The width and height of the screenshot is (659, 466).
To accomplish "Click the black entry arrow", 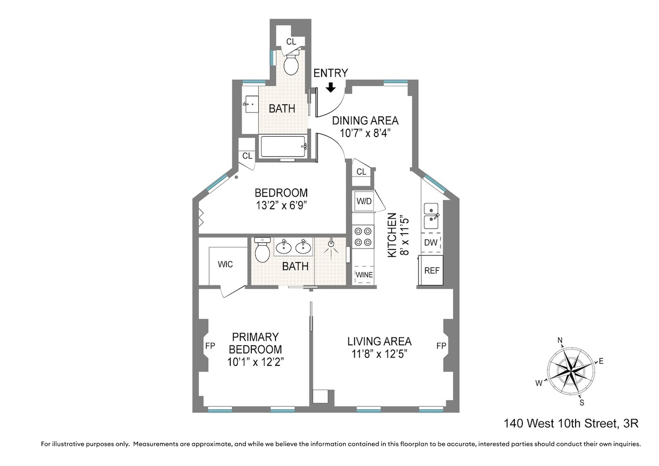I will [330, 87].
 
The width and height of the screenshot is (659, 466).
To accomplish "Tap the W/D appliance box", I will [364, 201].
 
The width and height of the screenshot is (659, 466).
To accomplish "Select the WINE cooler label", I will [364, 275].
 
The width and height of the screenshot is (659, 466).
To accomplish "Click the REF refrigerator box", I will [432, 270].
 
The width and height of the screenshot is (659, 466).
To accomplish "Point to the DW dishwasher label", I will [431, 242].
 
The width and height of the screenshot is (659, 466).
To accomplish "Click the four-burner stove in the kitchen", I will [363, 236].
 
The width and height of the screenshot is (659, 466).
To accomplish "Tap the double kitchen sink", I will [431, 215].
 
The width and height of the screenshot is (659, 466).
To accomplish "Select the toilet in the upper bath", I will [291, 65].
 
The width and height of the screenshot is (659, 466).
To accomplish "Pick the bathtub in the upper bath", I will [283, 146].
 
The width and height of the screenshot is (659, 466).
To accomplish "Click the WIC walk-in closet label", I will [225, 264].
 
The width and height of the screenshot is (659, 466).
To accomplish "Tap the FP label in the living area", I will [441, 346].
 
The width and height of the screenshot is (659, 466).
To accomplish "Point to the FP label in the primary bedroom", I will [210, 346].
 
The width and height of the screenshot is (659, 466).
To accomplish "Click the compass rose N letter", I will [560, 340].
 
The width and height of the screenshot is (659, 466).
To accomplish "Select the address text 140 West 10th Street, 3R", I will [570, 424].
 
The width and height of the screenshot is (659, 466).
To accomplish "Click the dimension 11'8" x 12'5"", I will [379, 354].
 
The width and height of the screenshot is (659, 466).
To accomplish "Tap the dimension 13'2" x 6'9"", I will [281, 206].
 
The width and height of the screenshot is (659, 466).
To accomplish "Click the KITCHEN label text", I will [392, 235].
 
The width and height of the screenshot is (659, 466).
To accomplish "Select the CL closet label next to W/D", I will [361, 171].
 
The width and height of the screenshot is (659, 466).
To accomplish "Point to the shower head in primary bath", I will [331, 243].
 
